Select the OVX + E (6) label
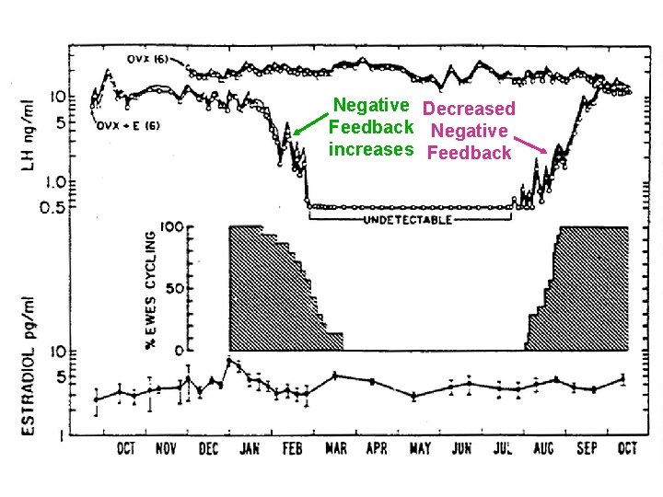click(128, 126)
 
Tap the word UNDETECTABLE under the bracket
click(408, 222)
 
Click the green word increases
click(371, 149)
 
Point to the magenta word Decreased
click(468, 109)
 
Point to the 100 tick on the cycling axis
click(173, 226)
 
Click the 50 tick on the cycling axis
click(178, 288)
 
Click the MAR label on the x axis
click(336, 449)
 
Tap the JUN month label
click(461, 449)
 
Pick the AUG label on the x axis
click(543, 449)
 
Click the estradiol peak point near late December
click(229, 361)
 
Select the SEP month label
click(587, 449)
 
